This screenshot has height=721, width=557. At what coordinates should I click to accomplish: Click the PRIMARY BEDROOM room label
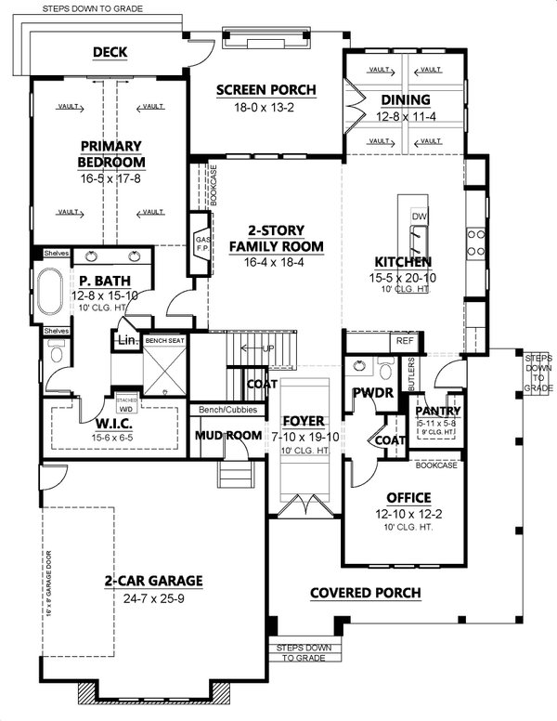pos(110,155)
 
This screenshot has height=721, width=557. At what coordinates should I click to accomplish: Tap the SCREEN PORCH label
pos(266,90)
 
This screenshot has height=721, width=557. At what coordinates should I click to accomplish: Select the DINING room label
pos(405,100)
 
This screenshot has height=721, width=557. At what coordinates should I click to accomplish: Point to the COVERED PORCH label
pos(365,593)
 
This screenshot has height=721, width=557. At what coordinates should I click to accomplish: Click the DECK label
pos(110,52)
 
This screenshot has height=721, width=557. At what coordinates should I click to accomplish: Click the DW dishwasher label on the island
pos(419,216)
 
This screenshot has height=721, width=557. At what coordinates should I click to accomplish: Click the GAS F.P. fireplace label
pos(198,244)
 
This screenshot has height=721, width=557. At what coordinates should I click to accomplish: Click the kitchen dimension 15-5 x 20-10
pos(402,278)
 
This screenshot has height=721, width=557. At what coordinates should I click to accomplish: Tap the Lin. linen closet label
pos(127,341)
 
